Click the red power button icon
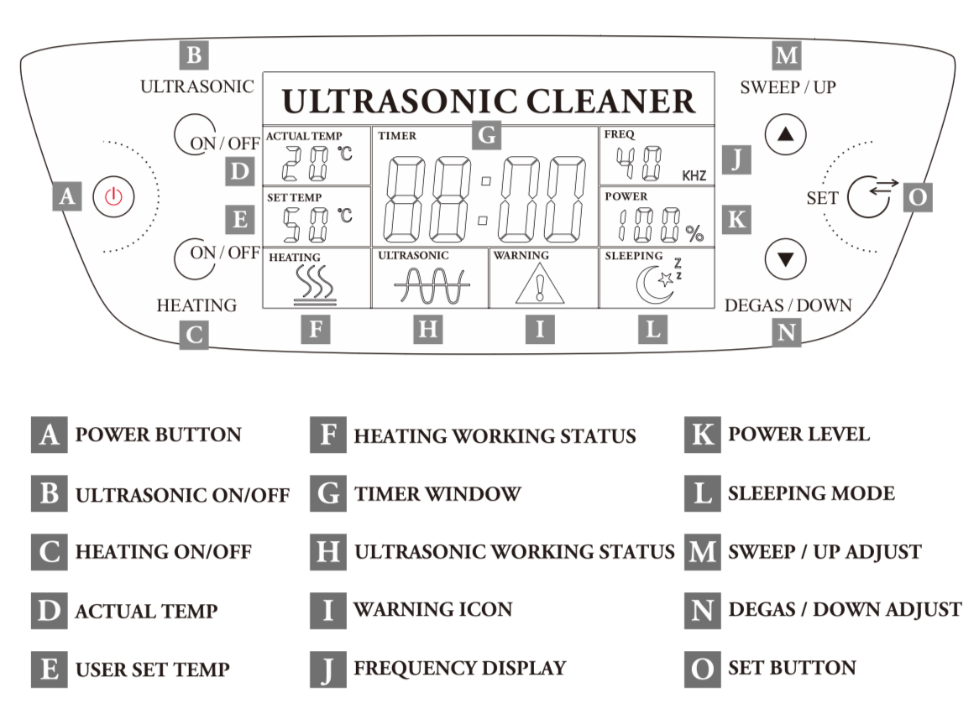coord(113,197)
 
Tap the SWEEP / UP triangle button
coord(785,135)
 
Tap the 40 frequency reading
coord(638,164)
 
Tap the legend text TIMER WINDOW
coord(437,494)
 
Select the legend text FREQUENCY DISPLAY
coord(460,669)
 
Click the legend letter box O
coord(702,669)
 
